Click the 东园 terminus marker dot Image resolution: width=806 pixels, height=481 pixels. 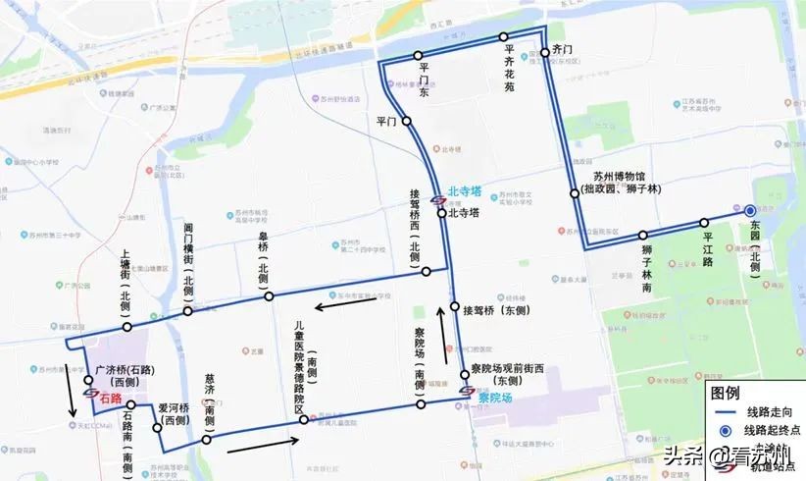point(750,210)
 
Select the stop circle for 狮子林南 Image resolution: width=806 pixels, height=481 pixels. point(643,236)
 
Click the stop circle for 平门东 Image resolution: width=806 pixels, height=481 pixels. point(418,55)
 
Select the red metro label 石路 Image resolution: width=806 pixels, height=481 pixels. point(109,398)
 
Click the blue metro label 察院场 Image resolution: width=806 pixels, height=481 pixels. point(495,398)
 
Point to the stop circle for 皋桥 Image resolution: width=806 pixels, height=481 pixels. point(270,294)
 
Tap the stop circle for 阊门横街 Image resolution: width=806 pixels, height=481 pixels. point(187,311)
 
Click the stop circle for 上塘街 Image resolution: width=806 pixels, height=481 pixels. point(125,325)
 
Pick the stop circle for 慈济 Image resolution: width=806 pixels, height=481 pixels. point(206,440)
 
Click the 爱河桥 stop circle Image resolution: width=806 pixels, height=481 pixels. point(157,427)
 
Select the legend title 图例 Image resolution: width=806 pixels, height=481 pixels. point(725,392)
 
